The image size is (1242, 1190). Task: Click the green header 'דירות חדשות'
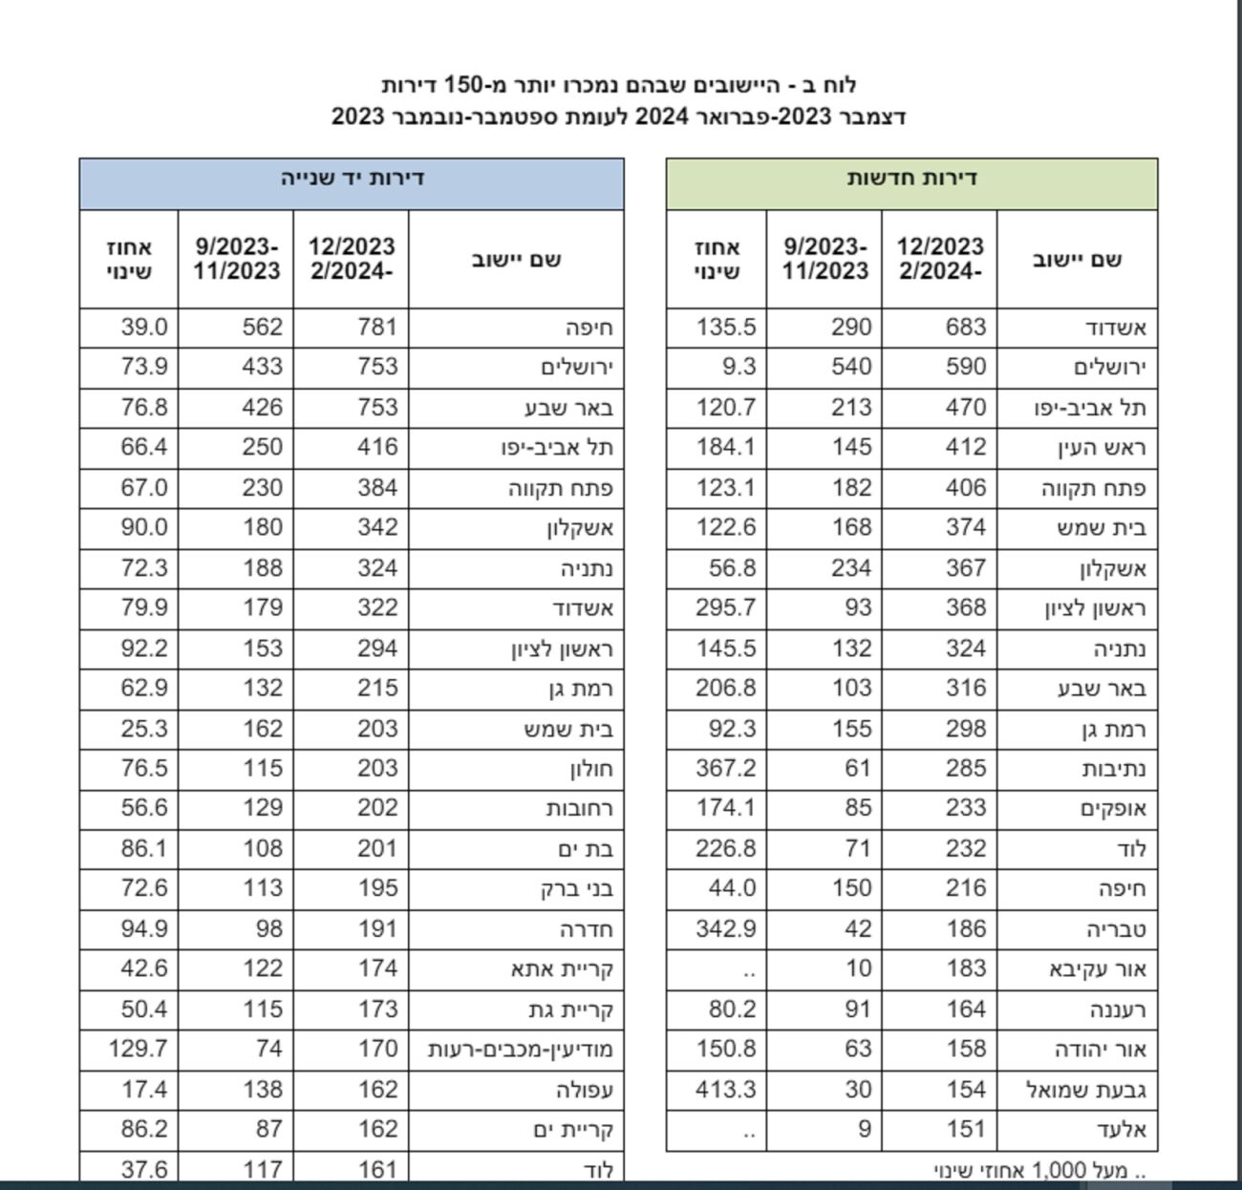pyautogui.click(x=911, y=179)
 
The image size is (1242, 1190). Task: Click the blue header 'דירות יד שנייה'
pyautogui.click(x=352, y=179)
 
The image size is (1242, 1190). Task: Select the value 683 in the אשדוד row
pyautogui.click(x=965, y=327)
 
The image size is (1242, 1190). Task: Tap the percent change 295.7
pyautogui.click(x=726, y=607)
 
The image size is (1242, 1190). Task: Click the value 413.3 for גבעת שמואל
pyautogui.click(x=726, y=1089)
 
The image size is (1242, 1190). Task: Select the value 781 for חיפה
pyautogui.click(x=376, y=327)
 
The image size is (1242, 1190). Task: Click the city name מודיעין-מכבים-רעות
pyautogui.click(x=521, y=1049)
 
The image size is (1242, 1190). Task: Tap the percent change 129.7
pyautogui.click(x=138, y=1049)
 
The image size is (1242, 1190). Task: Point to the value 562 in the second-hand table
pyautogui.click(x=262, y=327)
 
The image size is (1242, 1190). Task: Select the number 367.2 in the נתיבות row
pyautogui.click(x=726, y=768)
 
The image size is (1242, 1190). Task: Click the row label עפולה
pyautogui.click(x=584, y=1089)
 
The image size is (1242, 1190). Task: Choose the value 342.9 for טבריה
pyautogui.click(x=726, y=928)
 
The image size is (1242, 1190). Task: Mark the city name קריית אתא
pyautogui.click(x=562, y=969)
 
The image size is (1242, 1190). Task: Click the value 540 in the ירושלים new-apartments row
pyautogui.click(x=850, y=367)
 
